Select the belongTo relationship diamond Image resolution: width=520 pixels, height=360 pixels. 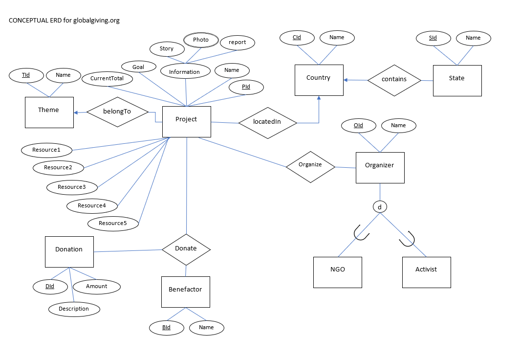117,112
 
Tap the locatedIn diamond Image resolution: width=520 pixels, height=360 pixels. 267,122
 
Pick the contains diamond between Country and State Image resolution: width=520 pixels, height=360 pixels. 394,79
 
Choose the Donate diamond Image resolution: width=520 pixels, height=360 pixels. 186,249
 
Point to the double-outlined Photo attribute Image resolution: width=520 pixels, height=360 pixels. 200,40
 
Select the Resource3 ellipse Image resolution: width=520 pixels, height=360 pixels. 71,187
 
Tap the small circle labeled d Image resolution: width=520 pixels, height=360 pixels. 380,207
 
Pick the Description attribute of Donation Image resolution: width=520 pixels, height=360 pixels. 74,309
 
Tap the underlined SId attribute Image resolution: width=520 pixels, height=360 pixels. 433,38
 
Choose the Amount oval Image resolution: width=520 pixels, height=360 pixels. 96,287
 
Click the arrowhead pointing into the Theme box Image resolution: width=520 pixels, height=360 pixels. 76,112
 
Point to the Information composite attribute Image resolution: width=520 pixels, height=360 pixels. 184,72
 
